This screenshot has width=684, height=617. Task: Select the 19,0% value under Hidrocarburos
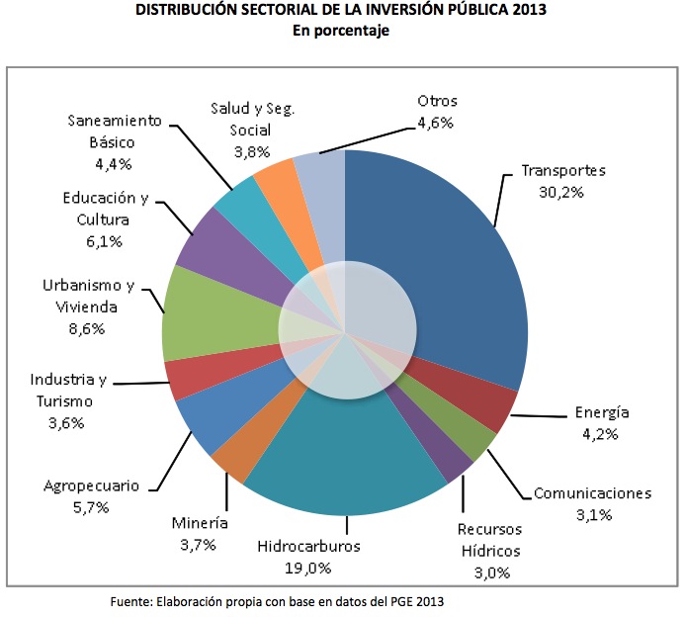point(308,568)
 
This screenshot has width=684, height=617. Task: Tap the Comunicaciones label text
point(593,492)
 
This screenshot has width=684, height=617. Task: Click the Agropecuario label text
point(91,485)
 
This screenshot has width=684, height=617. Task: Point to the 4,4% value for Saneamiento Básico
point(114,163)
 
